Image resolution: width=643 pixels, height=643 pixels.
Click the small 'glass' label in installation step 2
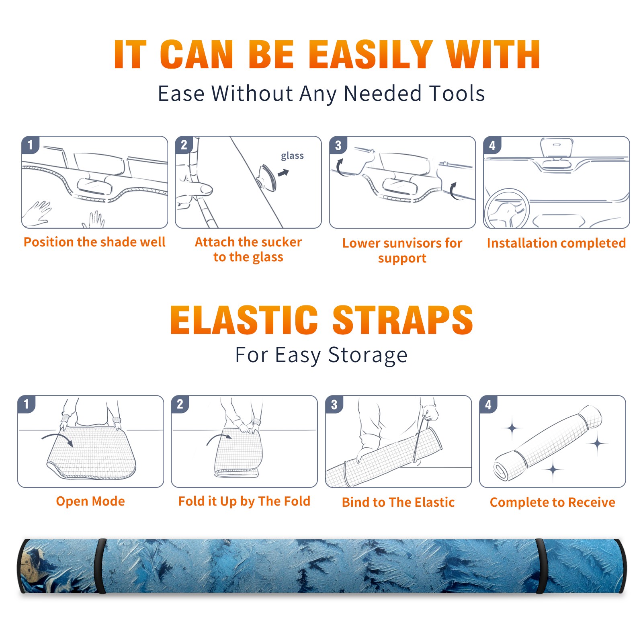click(292, 156)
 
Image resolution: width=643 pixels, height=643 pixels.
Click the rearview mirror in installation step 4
click(557, 147)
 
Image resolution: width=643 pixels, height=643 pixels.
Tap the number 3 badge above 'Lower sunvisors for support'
click(338, 145)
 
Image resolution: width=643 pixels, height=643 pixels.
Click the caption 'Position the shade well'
click(94, 242)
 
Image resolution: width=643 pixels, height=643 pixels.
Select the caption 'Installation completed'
click(556, 243)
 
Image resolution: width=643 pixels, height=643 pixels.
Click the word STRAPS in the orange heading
click(403, 320)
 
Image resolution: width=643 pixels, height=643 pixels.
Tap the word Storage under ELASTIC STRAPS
click(368, 355)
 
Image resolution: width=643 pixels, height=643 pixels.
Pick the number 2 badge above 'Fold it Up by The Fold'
click(180, 404)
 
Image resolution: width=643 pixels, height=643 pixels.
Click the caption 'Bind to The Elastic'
click(398, 502)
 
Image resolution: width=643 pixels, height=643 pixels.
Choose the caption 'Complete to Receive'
click(553, 502)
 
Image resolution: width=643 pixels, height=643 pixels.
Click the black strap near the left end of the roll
click(100, 566)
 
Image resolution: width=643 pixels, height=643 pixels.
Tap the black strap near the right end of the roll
click(541, 566)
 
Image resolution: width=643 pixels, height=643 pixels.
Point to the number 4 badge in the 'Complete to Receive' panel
click(488, 404)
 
